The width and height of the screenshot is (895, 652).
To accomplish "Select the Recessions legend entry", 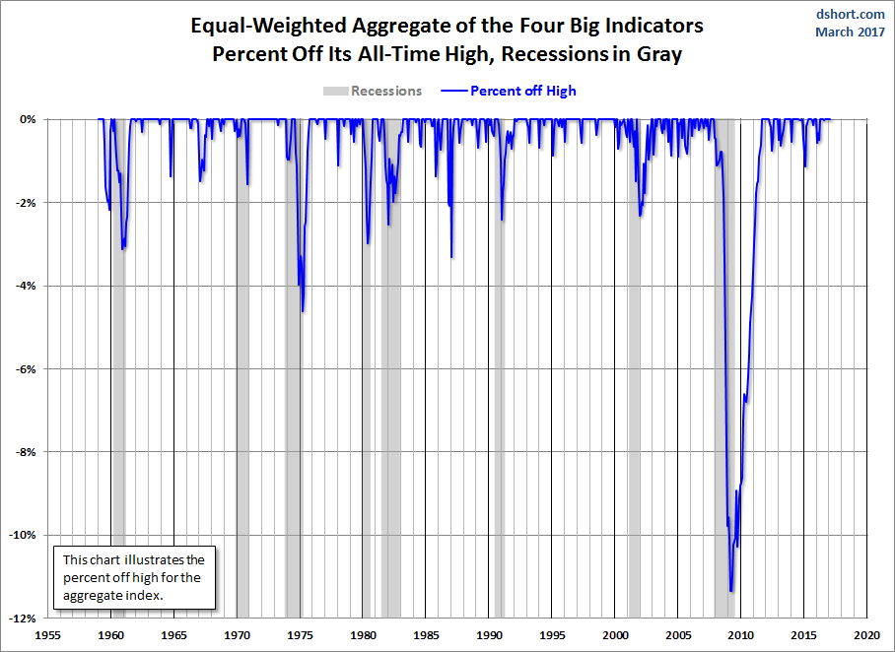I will pyautogui.click(x=373, y=91).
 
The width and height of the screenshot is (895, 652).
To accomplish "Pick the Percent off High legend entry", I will pyautogui.click(x=511, y=91).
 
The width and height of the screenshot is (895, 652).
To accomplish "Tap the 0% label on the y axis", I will pyautogui.click(x=28, y=119).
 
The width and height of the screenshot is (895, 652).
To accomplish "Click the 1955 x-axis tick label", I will pyautogui.click(x=48, y=636).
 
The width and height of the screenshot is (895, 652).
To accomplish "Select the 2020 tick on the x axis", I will pyautogui.click(x=867, y=636).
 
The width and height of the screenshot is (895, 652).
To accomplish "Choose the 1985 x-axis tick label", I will pyautogui.click(x=426, y=636).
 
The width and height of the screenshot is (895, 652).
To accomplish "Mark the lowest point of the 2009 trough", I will pyautogui.click(x=730, y=591).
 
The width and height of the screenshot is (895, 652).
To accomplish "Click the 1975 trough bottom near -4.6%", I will pyautogui.click(x=303, y=311).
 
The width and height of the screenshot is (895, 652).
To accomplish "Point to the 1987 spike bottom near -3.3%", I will pyautogui.click(x=451, y=257).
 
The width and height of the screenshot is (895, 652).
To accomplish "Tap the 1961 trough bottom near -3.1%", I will pyautogui.click(x=122, y=249).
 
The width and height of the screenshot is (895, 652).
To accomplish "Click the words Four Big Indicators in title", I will pyautogui.click(x=606, y=25).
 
